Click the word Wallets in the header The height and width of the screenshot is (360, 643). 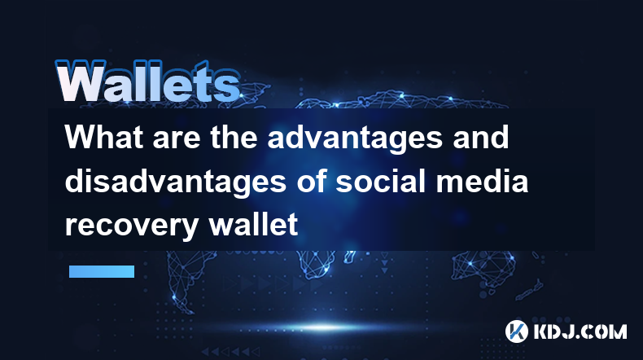pos(147,82)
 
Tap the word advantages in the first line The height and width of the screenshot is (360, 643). pos(355,139)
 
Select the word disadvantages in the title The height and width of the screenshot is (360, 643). pos(176,182)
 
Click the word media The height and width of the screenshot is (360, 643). pos(482,181)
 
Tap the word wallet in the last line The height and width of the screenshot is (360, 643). pos(253,224)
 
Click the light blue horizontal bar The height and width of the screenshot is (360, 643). pos(102,271)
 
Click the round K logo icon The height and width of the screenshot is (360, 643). pos(516,331)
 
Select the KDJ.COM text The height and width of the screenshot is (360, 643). pos(580,331)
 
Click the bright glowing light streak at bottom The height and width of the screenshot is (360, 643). pos(324,327)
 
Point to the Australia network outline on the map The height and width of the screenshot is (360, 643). pos(484,267)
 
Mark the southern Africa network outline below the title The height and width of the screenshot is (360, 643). pos(317,264)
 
